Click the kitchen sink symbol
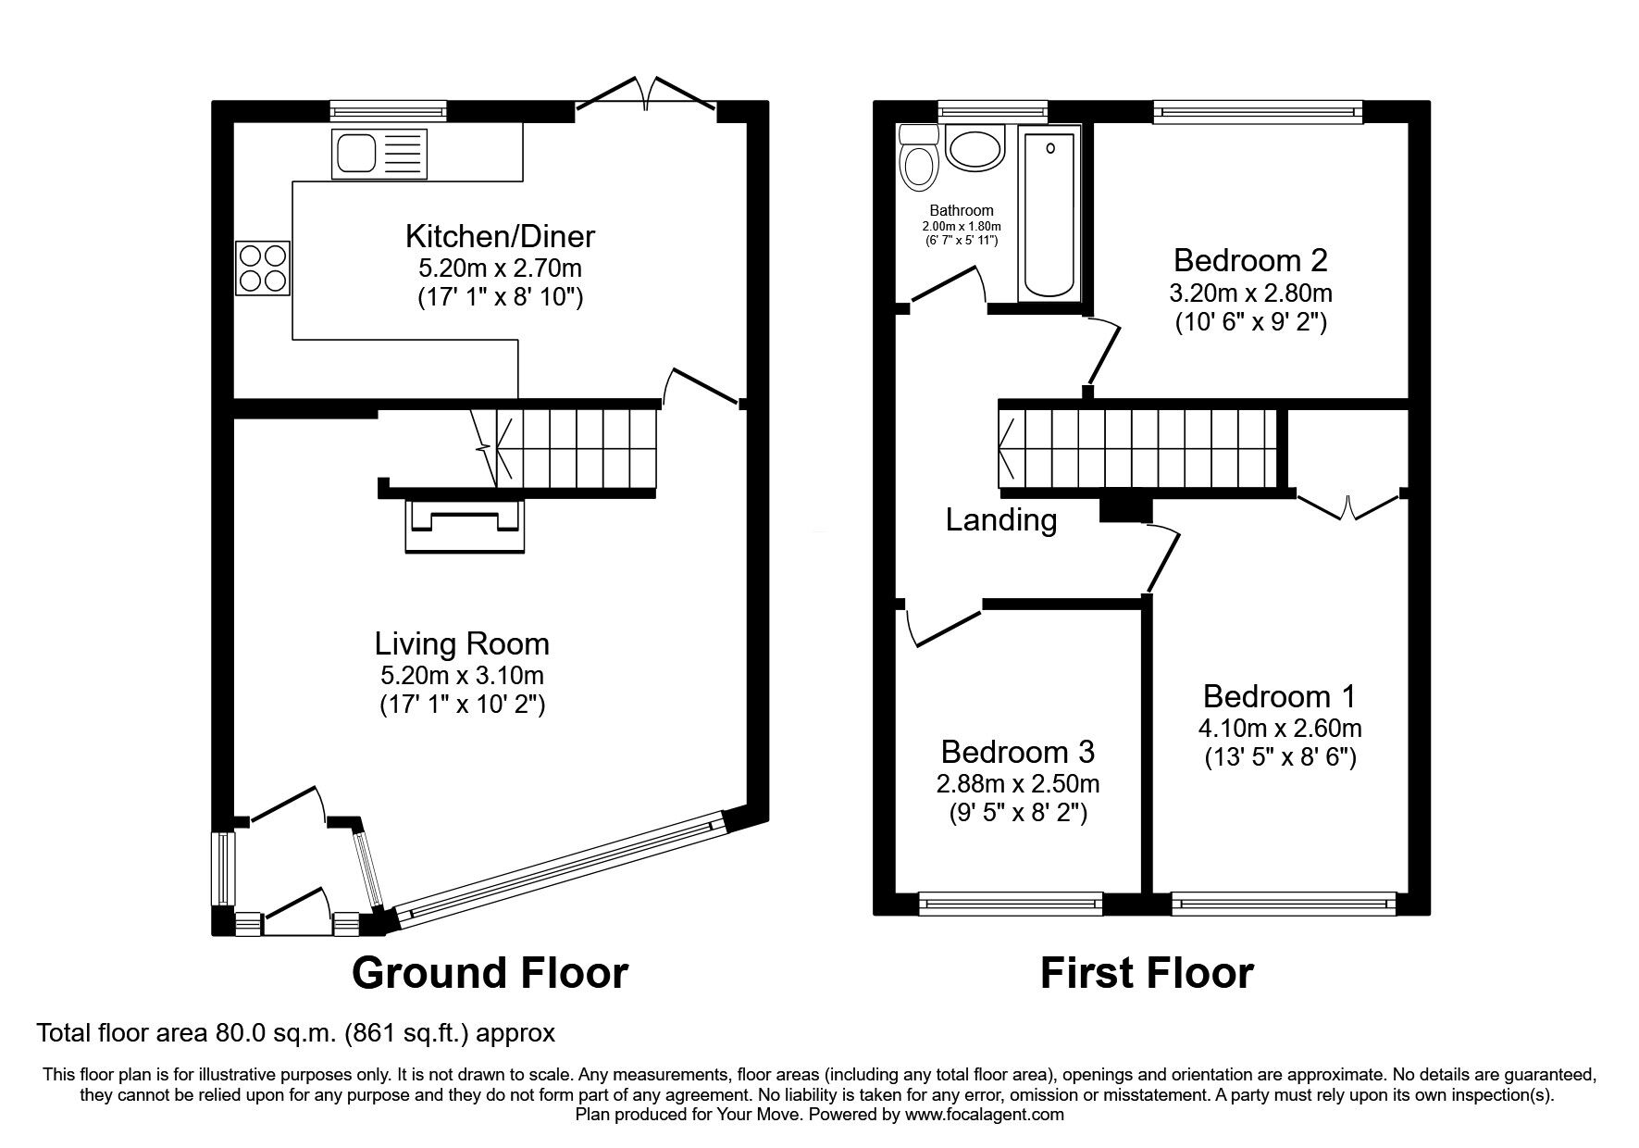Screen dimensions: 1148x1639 coord(380,154)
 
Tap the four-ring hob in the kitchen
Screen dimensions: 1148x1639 coord(263,268)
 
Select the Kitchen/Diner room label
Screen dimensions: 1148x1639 coord(500,236)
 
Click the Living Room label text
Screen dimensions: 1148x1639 coord(462,643)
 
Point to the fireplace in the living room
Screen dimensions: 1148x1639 coord(465,525)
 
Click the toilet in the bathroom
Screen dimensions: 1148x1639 coord(919,159)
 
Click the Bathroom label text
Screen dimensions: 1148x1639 coord(962,210)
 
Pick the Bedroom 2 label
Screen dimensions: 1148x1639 coord(1250,260)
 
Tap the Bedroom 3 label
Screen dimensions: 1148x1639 coord(1018,750)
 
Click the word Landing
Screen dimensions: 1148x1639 coord(1000,520)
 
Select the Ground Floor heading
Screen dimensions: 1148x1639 coord(490,973)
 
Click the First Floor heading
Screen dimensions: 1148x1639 coord(1147,973)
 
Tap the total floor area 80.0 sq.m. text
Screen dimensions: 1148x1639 coord(295,1032)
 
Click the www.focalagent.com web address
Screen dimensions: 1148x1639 coord(984,1115)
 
